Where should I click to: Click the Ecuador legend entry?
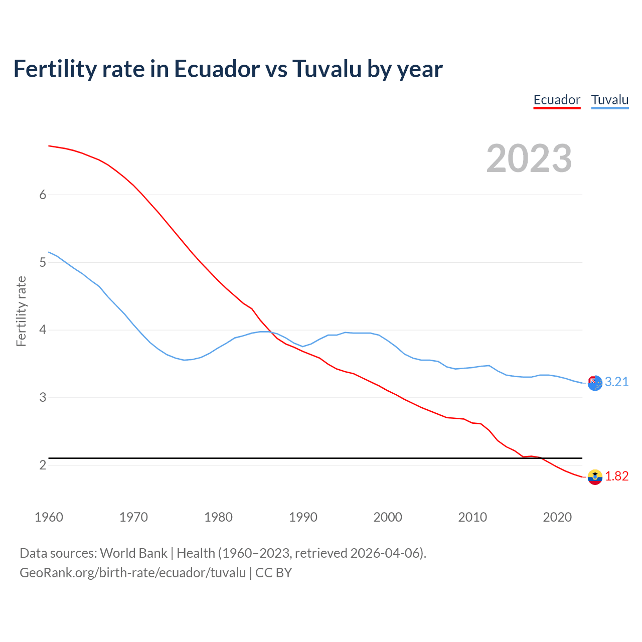coord(557,100)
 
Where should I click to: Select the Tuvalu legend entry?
coord(609,100)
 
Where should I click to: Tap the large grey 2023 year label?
coord(529,158)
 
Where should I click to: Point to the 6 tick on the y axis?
coord(43,195)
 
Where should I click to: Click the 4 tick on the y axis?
coord(43,330)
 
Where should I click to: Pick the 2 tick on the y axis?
coord(43,465)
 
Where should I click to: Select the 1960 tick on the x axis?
coord(49,517)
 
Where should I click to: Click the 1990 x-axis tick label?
coord(303,517)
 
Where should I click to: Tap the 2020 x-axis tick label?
coord(557,517)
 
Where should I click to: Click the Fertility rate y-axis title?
coord(21,311)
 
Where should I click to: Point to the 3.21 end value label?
coord(616,382)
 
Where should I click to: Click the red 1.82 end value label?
coord(616,476)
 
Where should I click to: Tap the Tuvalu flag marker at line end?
coord(595,383)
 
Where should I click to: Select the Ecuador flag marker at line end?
coord(595,477)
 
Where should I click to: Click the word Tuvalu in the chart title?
coord(327,69)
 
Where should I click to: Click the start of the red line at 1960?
coord(49,146)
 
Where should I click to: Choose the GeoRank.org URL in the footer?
coord(132,573)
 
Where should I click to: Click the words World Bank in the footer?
coord(133,553)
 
